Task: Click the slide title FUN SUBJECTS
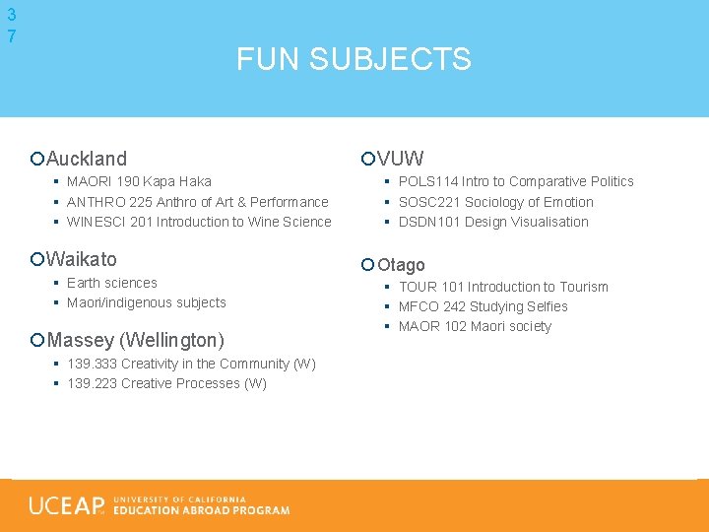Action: point(354,59)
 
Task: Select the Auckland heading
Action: point(87,158)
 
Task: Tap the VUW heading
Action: point(400,158)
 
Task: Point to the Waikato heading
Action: point(81,259)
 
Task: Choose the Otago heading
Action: point(401,264)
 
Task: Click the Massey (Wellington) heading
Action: point(135,340)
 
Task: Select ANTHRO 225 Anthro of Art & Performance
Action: point(197,202)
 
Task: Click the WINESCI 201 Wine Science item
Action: point(199,222)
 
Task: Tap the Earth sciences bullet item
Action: point(111,283)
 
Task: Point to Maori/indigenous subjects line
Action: point(146,302)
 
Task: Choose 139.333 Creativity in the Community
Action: point(191,364)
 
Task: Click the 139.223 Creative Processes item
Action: point(166,383)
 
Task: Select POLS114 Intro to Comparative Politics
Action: point(516,181)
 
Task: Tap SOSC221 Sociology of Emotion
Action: point(495,202)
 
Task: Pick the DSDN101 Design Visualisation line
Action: point(493,222)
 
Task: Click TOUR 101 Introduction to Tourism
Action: point(503,287)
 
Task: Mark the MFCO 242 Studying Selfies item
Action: point(483,306)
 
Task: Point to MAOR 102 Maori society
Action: point(475,326)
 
